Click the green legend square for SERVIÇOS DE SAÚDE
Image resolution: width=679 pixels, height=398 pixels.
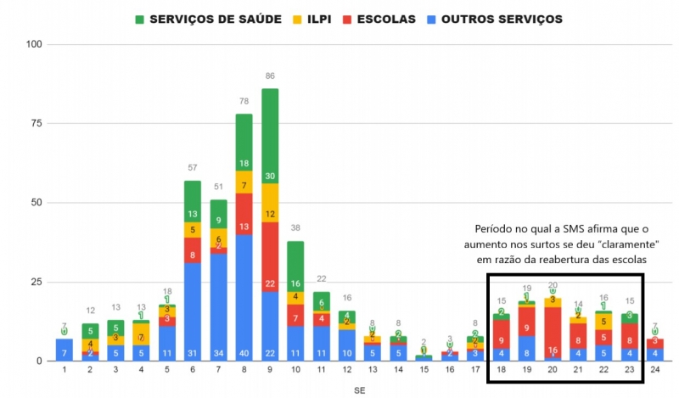coord(141,19)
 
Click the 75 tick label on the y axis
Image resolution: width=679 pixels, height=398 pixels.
coord(34,123)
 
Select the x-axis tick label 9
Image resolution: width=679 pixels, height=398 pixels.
coord(270,369)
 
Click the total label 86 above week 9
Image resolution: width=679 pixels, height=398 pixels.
coord(270,77)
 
